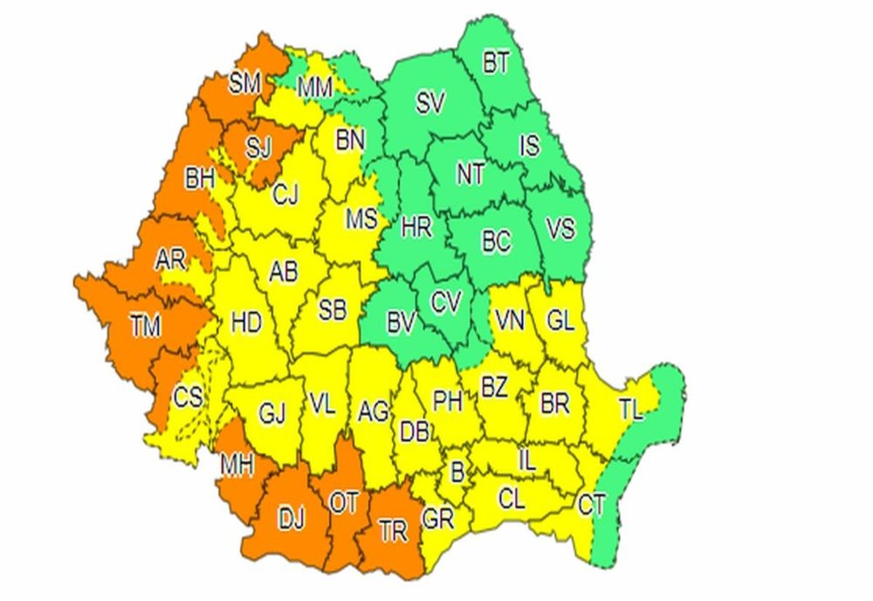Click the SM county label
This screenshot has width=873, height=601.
point(246,85)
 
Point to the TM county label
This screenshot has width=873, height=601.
point(146,328)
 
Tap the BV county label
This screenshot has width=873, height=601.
point(400,324)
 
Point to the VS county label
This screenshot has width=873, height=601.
point(560,231)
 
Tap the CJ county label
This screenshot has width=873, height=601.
point(285,197)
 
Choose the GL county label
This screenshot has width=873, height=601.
point(560,321)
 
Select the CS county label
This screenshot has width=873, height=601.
point(188,397)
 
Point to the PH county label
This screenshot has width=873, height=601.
point(447,401)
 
